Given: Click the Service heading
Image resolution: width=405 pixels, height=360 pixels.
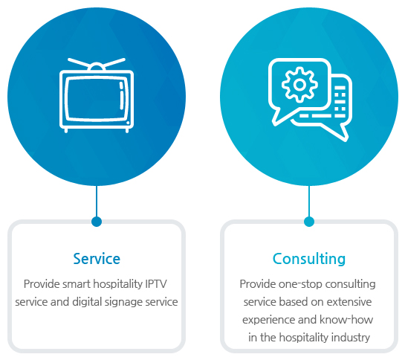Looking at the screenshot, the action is pos(97,259).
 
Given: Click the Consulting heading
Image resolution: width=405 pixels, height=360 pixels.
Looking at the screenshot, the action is pos(309,259).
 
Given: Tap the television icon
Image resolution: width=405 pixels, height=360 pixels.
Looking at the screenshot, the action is pos(97,95).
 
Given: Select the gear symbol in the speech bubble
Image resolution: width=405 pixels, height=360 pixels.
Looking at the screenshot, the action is pos(299,84).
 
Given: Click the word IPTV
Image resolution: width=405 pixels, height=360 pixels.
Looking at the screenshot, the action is pos(156,284).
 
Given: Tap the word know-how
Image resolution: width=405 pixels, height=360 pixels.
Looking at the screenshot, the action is pos(346,320).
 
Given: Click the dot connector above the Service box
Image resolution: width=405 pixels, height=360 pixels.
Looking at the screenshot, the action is pos(97,222).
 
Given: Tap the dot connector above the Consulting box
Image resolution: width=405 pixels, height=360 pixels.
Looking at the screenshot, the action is pos(309,222).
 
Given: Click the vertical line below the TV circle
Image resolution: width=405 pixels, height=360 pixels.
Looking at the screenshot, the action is pos(97,202).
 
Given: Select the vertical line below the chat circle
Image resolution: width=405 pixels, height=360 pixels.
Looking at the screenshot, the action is pos(309,202).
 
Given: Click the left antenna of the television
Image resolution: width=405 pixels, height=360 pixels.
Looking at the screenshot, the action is pos(79,63).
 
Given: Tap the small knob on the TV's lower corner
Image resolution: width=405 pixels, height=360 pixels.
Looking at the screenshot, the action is pos(128,123).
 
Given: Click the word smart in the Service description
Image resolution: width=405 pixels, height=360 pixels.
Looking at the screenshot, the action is pos(77,284).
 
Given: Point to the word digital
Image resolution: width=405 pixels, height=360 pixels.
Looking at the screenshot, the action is pos(87,302).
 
